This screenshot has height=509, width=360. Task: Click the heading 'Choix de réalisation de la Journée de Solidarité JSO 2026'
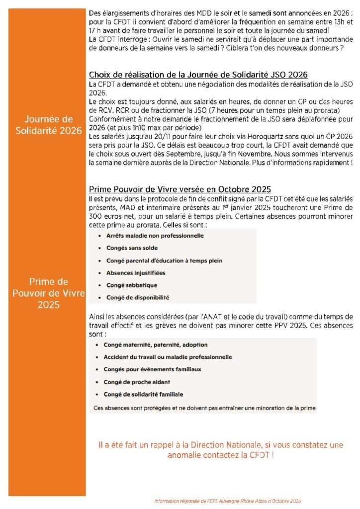198,75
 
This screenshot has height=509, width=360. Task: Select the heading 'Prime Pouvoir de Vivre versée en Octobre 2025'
180,189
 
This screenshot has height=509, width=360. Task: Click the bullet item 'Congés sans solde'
132,248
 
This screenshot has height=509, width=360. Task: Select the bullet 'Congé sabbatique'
131,285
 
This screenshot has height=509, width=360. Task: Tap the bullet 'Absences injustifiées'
136,273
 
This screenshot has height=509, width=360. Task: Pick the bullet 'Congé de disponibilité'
138,298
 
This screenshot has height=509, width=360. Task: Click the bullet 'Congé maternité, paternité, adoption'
156,344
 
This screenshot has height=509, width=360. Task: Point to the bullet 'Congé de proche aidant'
137,382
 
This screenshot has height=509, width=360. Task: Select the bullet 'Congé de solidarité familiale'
143,394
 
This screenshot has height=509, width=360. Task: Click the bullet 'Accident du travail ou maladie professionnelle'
168,357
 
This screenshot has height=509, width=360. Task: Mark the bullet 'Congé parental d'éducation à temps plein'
164,260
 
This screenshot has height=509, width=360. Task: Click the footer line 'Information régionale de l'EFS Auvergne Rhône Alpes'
228,501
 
